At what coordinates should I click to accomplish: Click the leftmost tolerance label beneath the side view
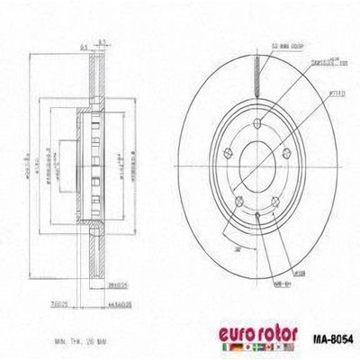[x=61, y=305]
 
